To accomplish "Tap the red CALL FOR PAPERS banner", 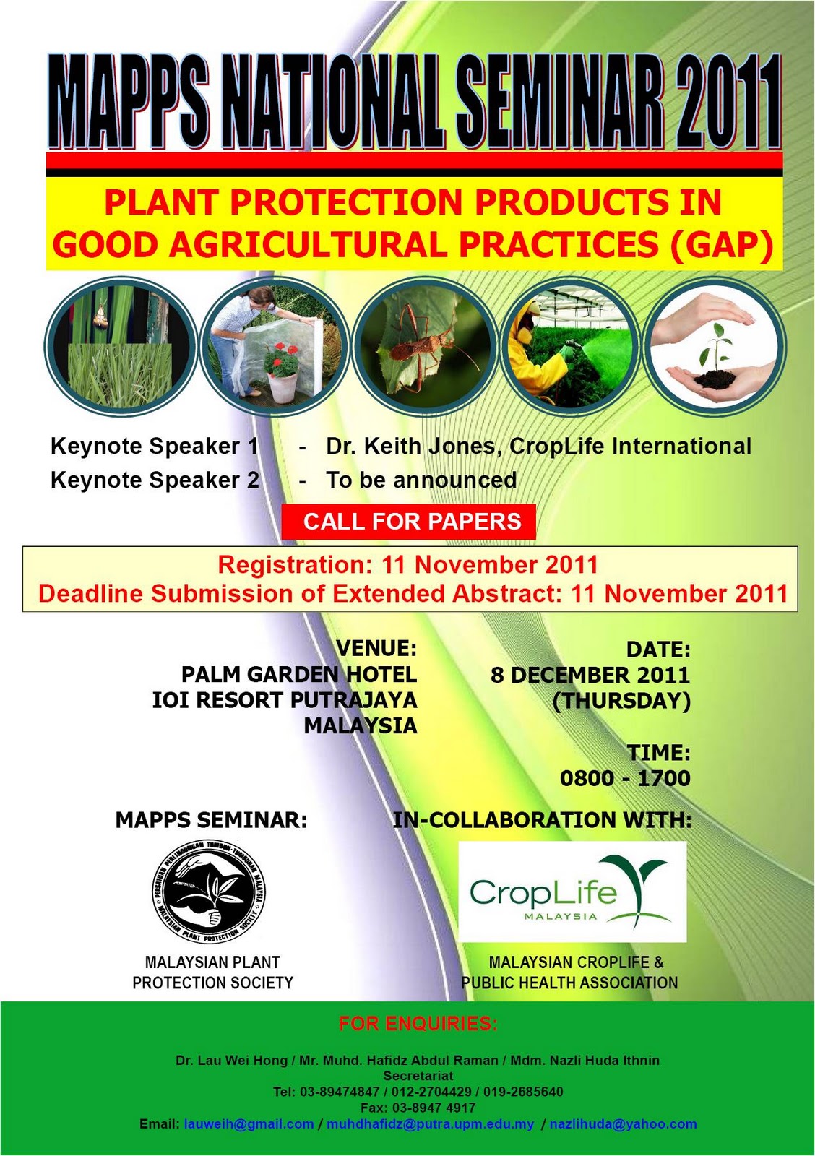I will point(410,522).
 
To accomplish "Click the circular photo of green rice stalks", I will point(119,345).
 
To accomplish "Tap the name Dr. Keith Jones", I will point(410,447).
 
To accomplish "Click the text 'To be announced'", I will point(421,480).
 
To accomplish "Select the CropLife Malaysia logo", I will point(572,892).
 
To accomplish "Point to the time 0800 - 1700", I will point(625,779).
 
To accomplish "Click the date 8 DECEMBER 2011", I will point(590,676).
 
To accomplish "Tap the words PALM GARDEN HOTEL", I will point(299,675).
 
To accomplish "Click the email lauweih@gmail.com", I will point(249,1124).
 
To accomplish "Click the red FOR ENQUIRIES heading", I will point(418,1024).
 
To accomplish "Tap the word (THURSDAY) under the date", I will point(621,701).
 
